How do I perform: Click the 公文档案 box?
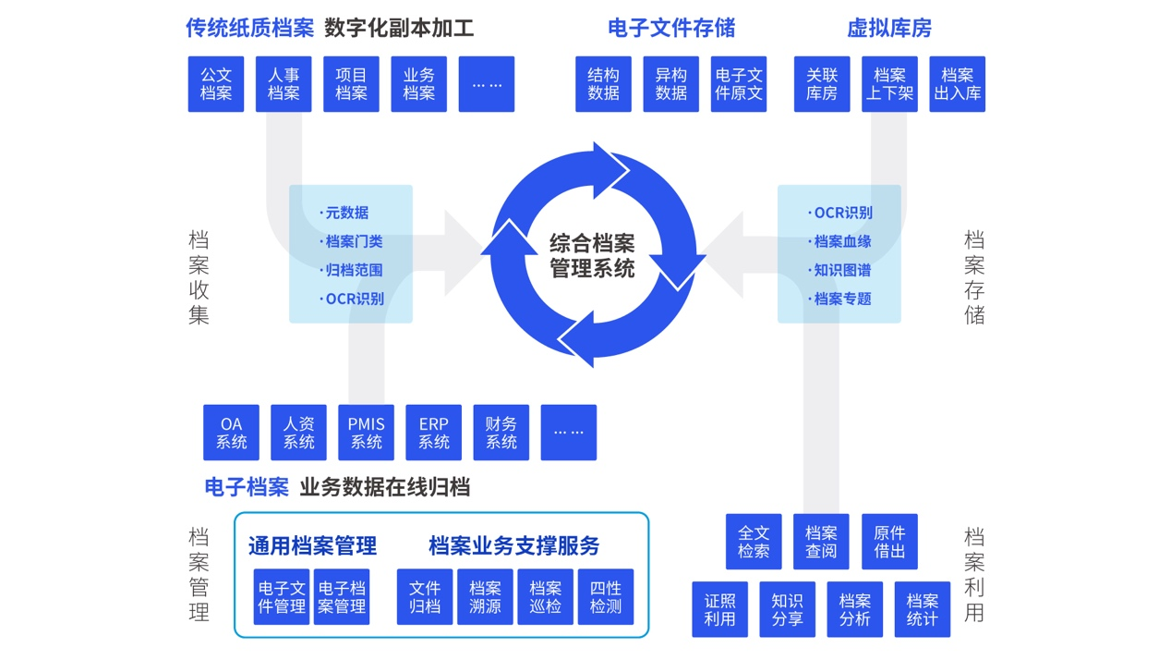(216, 84)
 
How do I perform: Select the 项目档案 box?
(351, 84)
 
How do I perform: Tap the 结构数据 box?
(603, 84)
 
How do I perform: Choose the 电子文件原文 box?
(739, 84)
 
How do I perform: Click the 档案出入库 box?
(958, 84)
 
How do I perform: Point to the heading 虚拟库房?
(888, 29)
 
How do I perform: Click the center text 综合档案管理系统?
(592, 256)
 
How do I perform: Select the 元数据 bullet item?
(346, 213)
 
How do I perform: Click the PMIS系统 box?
(366, 433)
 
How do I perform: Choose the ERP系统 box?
(433, 433)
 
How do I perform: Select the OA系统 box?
(231, 433)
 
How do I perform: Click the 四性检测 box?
(606, 597)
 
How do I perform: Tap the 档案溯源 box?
(485, 597)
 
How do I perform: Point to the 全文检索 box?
(754, 542)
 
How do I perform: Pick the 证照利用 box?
(719, 609)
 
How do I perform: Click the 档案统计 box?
(922, 609)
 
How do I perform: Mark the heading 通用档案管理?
(312, 545)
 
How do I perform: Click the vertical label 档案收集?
(199, 277)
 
